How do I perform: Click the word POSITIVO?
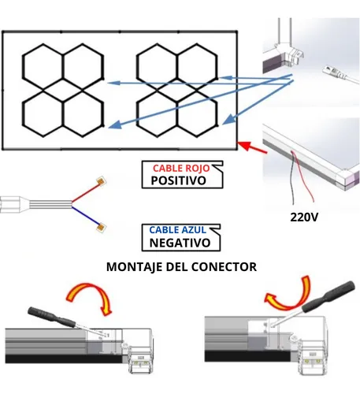(x=178, y=180)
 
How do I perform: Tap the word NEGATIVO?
(x=180, y=243)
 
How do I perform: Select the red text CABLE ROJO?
(x=181, y=168)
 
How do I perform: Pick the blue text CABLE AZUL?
(x=177, y=230)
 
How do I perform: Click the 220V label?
(x=304, y=217)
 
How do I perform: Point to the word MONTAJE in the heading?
(x=135, y=267)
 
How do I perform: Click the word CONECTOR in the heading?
(x=224, y=267)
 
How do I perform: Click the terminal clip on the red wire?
(x=101, y=180)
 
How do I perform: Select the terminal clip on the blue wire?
(x=101, y=228)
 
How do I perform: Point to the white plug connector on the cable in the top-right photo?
(x=333, y=72)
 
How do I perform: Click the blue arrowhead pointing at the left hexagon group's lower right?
(x=115, y=125)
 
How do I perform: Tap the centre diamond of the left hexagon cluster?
(x=63, y=90)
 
